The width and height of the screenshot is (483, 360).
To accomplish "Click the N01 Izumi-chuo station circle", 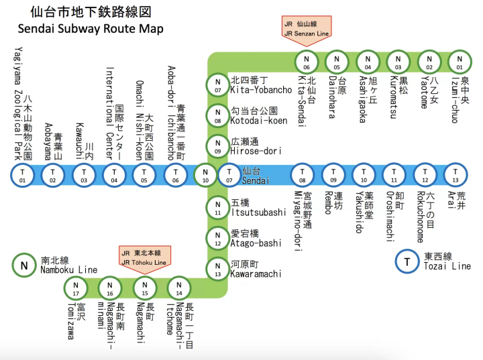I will point(460,62).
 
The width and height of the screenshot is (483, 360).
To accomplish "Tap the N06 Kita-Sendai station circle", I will point(307,62).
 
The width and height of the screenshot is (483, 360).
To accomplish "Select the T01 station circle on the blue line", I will point(23,176).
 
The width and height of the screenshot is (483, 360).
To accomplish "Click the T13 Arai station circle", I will point(455,176).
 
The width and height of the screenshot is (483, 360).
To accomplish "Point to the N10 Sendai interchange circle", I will point(206,176).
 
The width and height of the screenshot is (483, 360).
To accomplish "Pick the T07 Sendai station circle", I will point(229,176).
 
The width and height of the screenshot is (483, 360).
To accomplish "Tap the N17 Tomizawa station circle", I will point(76,288).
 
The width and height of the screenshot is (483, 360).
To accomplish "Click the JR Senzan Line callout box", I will point(307,28).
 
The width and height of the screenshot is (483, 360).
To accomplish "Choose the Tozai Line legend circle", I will point(407,261).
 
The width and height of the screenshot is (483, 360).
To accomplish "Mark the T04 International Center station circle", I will point(114,176).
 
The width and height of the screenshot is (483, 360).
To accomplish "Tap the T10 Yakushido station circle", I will point(364,176).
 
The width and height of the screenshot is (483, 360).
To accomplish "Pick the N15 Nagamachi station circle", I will point(144,288).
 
